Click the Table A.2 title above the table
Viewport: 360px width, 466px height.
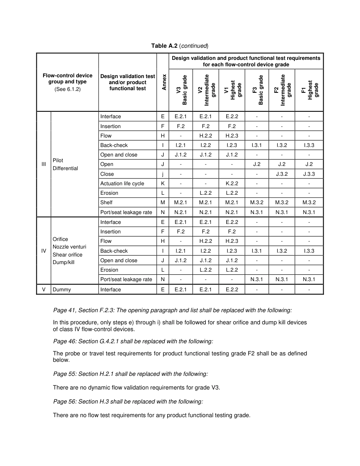click(x=180, y=46)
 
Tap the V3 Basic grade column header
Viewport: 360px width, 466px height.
click(x=181, y=90)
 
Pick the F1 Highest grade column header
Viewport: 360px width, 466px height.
click(x=309, y=90)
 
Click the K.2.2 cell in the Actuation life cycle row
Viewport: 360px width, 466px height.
click(x=232, y=183)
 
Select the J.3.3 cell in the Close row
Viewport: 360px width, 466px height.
click(x=309, y=174)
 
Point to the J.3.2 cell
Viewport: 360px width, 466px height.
click(x=282, y=174)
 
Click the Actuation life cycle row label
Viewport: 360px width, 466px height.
click(x=122, y=183)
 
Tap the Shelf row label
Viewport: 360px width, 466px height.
click(x=106, y=203)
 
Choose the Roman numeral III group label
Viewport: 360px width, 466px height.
click(x=44, y=164)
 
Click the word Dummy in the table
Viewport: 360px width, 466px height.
click(x=62, y=289)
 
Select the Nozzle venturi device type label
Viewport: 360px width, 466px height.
click(x=69, y=247)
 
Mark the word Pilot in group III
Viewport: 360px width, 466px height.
click(x=58, y=160)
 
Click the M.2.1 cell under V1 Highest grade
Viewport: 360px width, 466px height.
click(x=232, y=203)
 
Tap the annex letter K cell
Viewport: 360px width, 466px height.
click(x=163, y=183)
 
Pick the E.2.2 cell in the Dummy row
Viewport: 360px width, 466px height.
click(x=232, y=289)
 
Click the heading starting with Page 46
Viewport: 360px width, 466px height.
click(x=133, y=341)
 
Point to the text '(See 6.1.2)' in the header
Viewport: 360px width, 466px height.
click(x=67, y=89)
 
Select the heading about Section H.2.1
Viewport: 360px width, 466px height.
click(x=130, y=374)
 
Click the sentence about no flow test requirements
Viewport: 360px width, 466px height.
click(x=152, y=415)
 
